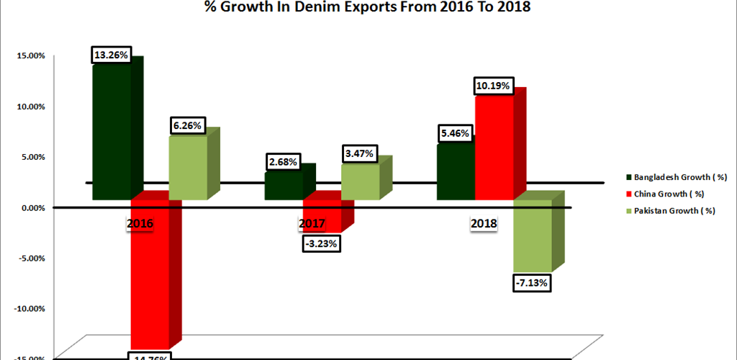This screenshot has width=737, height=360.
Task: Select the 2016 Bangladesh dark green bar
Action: click(112, 130)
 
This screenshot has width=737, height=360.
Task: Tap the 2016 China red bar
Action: click(150, 274)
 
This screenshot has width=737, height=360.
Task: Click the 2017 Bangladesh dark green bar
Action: click(284, 185)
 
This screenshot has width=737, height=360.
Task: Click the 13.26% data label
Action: click(112, 55)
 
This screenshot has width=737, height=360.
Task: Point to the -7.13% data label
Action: click(532, 283)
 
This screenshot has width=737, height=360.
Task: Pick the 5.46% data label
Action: click(455, 134)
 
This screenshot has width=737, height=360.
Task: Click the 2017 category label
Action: click(312, 224)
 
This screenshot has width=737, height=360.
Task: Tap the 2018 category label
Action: click(484, 224)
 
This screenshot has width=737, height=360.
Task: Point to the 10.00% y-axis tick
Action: click(30, 106)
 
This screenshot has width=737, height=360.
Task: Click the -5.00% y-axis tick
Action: click(29, 258)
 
